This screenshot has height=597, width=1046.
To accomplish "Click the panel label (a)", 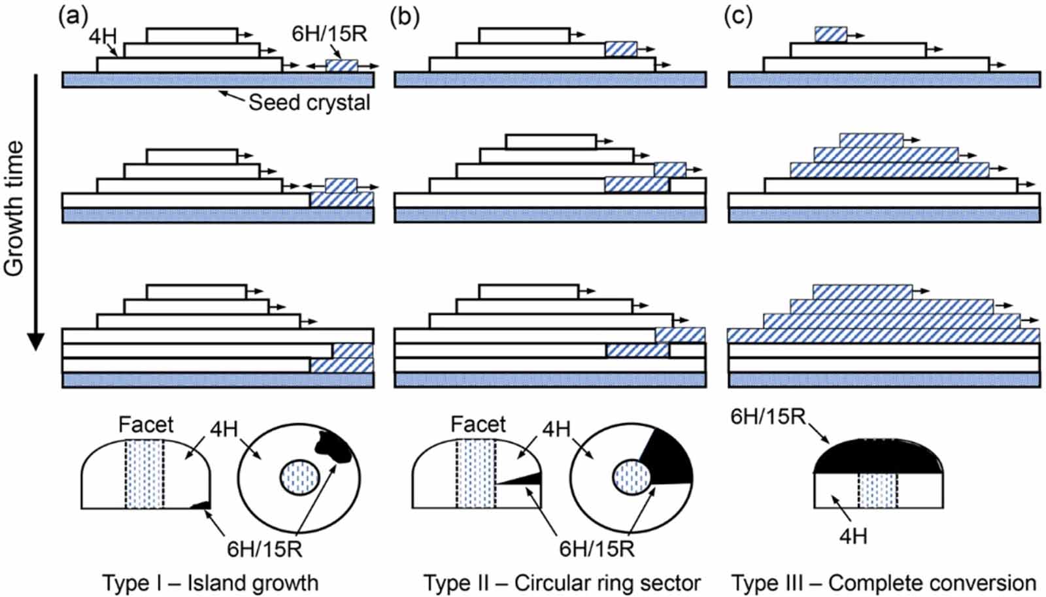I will pos(73,16).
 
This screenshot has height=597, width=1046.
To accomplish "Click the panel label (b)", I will pos(404,16).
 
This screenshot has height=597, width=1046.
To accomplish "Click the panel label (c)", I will pos(738,16).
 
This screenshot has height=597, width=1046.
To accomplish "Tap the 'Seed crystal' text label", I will pos(309,103).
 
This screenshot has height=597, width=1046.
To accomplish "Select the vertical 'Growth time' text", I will pos(14,208).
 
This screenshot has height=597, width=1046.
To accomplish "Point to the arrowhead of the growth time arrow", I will pos(35,342).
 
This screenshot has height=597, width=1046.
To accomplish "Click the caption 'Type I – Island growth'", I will pos(210,582).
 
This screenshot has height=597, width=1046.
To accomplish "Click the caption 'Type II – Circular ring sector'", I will pos(562,582).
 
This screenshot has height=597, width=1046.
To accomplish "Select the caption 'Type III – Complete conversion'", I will pos(883,582).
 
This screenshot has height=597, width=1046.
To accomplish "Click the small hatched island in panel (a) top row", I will pos(341,65).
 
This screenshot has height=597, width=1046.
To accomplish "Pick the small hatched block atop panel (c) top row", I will pos(830,34).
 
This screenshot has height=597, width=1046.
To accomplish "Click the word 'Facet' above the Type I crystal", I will pos(146,424).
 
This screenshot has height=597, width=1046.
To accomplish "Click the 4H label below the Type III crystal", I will pos(853,536).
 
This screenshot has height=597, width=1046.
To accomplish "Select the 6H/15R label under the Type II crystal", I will pos(596,548).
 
